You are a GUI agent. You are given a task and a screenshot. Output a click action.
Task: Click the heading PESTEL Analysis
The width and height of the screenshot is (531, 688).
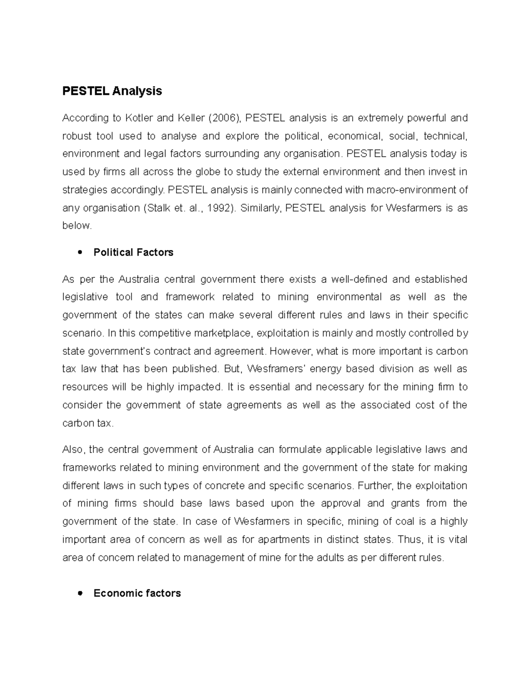tap(112, 91)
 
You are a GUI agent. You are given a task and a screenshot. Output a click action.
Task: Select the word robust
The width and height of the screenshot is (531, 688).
tap(77, 136)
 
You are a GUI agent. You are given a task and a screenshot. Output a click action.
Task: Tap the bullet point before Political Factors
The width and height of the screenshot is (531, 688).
tap(80, 253)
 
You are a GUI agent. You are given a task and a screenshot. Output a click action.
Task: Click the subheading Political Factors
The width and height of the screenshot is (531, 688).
tap(133, 253)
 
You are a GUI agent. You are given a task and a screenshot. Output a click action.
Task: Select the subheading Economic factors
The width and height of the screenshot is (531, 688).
tap(137, 593)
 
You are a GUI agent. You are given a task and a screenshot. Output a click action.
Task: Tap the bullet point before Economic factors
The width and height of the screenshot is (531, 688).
tap(80, 593)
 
